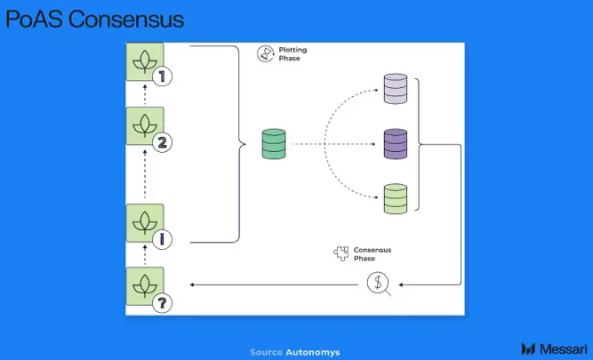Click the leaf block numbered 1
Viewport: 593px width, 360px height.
pyautogui.click(x=145, y=61)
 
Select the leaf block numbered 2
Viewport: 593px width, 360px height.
pyautogui.click(x=145, y=126)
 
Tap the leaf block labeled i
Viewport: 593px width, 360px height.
pyautogui.click(x=145, y=223)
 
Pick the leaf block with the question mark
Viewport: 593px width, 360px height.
pyautogui.click(x=145, y=286)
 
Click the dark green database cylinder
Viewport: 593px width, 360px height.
pyautogui.click(x=274, y=144)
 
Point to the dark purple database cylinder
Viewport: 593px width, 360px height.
pyautogui.click(x=396, y=144)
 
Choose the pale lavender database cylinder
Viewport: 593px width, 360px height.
pyautogui.click(x=396, y=89)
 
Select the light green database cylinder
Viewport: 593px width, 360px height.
pyautogui.click(x=396, y=199)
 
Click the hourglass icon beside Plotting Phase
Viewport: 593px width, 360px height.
pyautogui.click(x=266, y=53)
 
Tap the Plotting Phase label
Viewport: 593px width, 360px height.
pyautogui.click(x=292, y=54)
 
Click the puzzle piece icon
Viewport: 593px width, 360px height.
pyautogui.click(x=341, y=253)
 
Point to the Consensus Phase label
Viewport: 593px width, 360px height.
pyautogui.click(x=373, y=254)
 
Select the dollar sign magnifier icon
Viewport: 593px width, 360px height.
pyautogui.click(x=379, y=284)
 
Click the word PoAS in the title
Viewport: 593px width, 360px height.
pyautogui.click(x=34, y=20)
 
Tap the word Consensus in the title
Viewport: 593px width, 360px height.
pyautogui.click(x=126, y=20)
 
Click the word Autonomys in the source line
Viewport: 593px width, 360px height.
pyautogui.click(x=313, y=352)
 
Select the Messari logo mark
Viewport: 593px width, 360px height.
pyautogui.click(x=528, y=348)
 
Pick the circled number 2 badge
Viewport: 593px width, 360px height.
pyautogui.click(x=162, y=142)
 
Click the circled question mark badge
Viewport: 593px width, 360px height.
pyautogui.click(x=162, y=303)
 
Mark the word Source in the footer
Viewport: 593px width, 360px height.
pyautogui.click(x=266, y=352)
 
